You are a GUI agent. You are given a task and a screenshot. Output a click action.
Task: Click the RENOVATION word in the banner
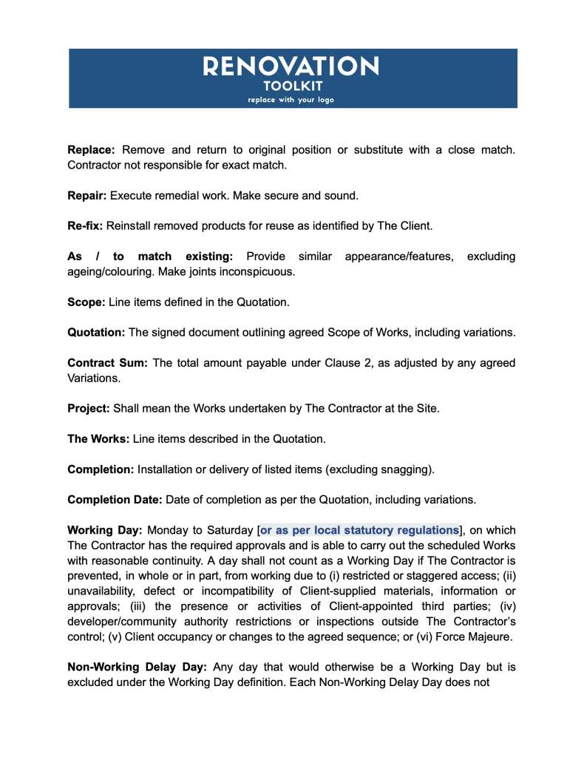tap(291, 67)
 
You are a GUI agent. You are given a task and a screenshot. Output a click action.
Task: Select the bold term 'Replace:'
tap(92, 150)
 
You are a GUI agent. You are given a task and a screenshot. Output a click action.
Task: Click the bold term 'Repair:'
tap(88, 196)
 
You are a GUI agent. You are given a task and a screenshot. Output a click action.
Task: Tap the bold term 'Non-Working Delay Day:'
tap(138, 666)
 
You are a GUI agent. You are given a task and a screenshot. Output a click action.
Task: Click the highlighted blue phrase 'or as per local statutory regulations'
tap(359, 530)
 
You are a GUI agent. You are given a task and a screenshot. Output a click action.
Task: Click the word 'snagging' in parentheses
tap(405, 469)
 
